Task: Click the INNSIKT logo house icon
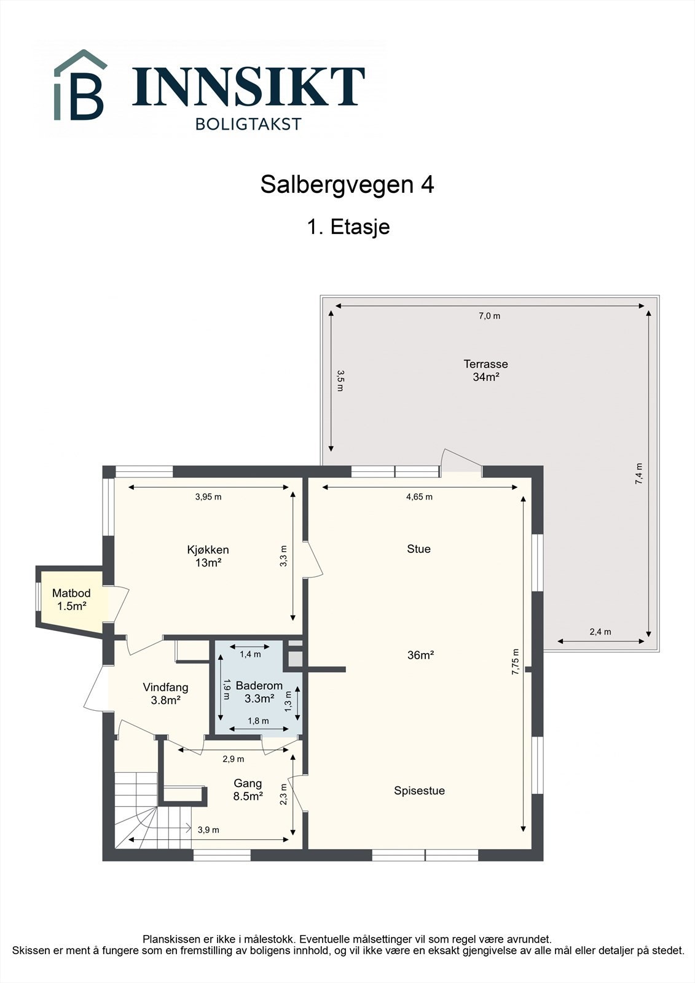(80, 86)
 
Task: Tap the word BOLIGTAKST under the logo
(248, 124)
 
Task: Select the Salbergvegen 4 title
(347, 184)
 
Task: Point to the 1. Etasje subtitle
(348, 227)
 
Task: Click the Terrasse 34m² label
(485, 370)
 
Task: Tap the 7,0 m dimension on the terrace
(489, 316)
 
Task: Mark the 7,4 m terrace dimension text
(639, 474)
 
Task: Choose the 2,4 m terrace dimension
(600, 632)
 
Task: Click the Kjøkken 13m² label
(208, 556)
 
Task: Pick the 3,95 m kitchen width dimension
(208, 497)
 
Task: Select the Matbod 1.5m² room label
(71, 600)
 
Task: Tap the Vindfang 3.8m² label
(165, 693)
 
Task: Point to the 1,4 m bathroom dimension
(250, 654)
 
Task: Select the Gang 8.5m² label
(248, 789)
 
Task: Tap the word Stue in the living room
(418, 549)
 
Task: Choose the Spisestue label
(419, 791)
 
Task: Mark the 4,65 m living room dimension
(419, 497)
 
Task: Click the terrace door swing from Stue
(461, 461)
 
